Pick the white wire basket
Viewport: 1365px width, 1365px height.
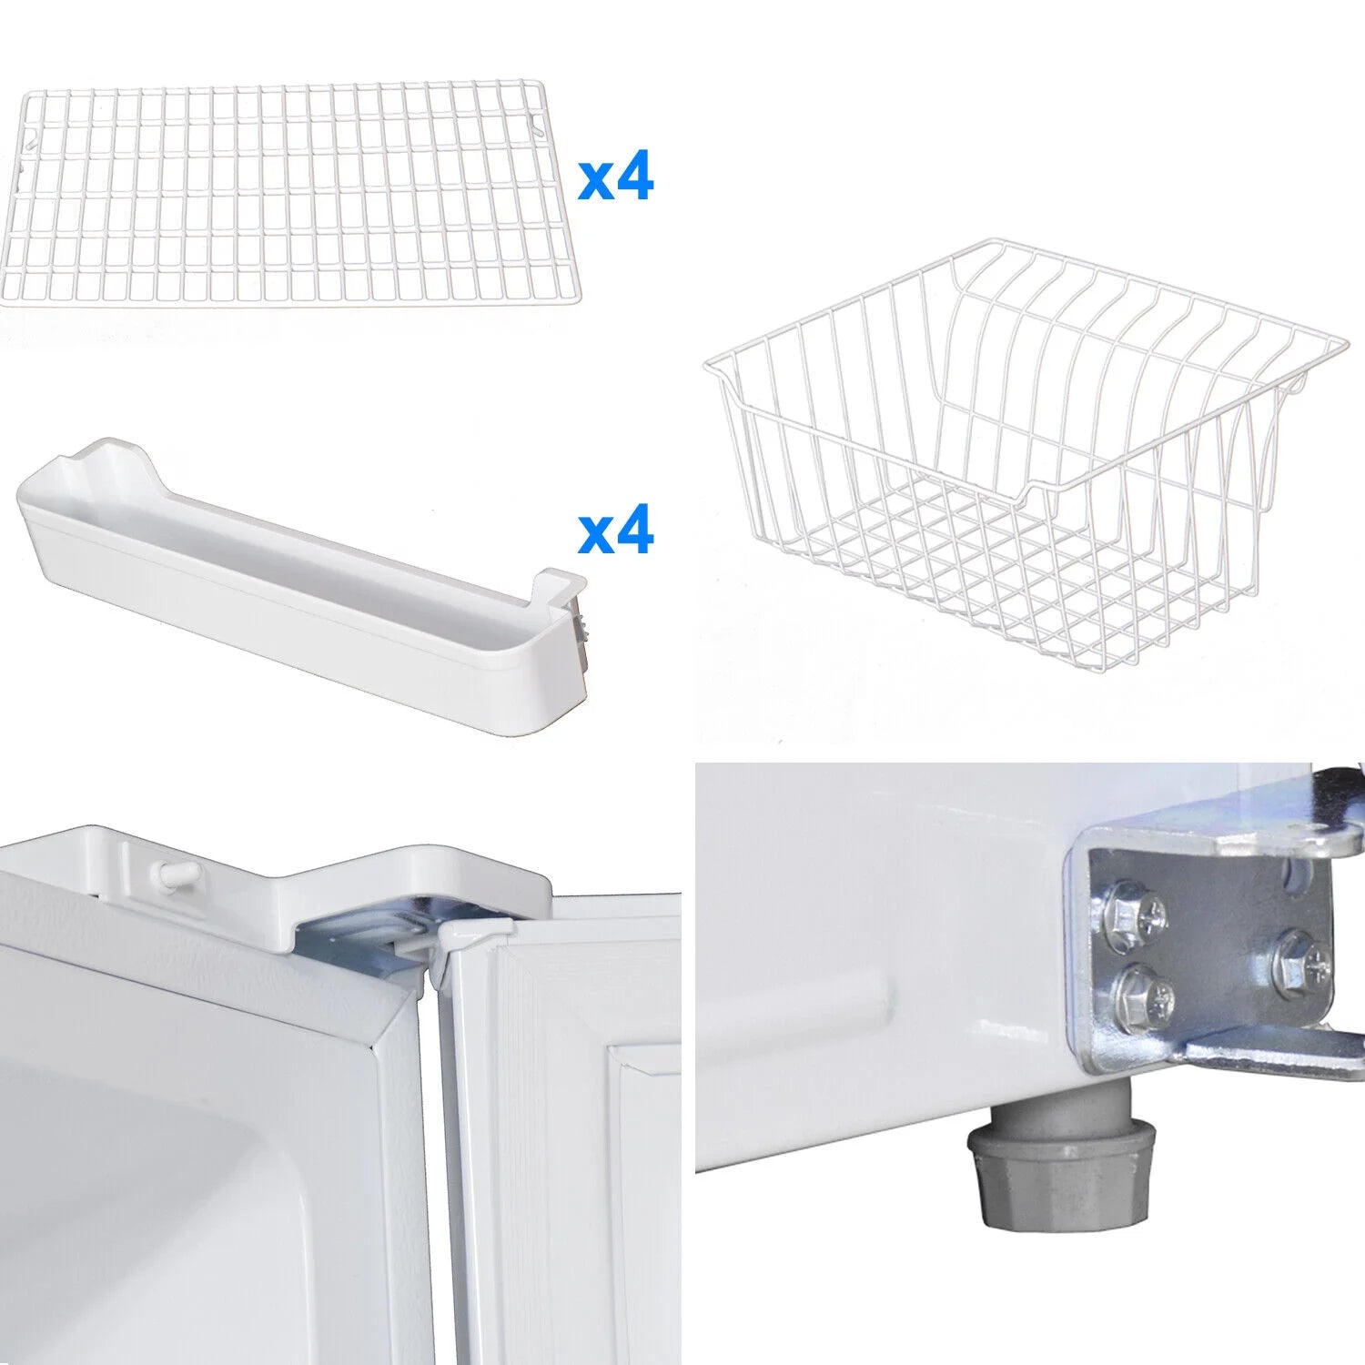tap(1024, 464)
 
